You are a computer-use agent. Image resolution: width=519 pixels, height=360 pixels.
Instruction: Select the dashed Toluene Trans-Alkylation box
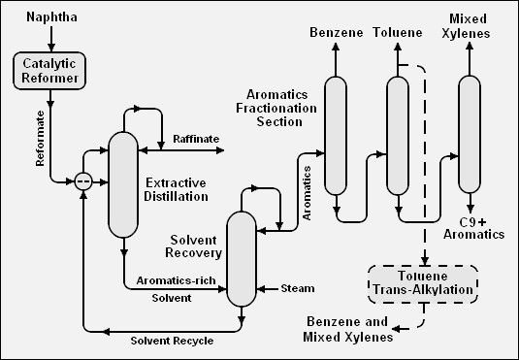click(x=422, y=281)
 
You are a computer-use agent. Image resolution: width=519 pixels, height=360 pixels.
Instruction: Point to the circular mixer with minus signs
click(x=85, y=180)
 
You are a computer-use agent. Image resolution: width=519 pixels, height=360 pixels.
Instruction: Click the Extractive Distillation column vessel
click(x=123, y=184)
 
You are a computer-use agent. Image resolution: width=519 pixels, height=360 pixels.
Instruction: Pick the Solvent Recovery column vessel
click(x=240, y=258)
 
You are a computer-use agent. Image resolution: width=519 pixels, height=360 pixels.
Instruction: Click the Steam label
click(x=297, y=288)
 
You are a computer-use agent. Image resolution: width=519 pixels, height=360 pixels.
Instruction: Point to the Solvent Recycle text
click(x=172, y=341)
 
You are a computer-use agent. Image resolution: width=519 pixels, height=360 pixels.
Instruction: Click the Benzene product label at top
click(x=337, y=34)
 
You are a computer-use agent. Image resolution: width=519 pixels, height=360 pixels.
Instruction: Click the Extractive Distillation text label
click(x=176, y=189)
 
